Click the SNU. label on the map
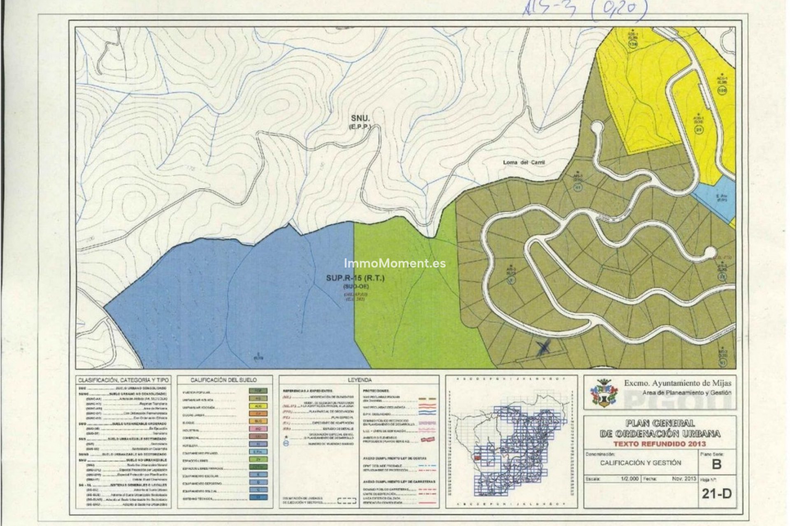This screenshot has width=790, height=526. point(360,119)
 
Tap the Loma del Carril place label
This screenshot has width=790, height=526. point(524,163)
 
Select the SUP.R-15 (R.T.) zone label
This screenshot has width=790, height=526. point(355,278)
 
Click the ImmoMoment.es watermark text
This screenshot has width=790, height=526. point(395,263)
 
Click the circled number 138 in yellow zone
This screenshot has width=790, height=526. point(633,44)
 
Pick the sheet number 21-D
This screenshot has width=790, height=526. point(717,494)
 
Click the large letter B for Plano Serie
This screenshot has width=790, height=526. point(716,464)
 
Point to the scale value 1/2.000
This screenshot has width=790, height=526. point(630,479)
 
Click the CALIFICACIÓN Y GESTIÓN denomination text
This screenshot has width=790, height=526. point(640,463)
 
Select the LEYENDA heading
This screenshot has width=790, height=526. point(359,380)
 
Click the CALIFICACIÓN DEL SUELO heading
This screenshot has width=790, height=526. point(223,380)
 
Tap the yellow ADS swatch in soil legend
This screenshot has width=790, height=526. point(258,406)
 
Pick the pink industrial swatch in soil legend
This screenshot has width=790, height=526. point(258,429)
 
